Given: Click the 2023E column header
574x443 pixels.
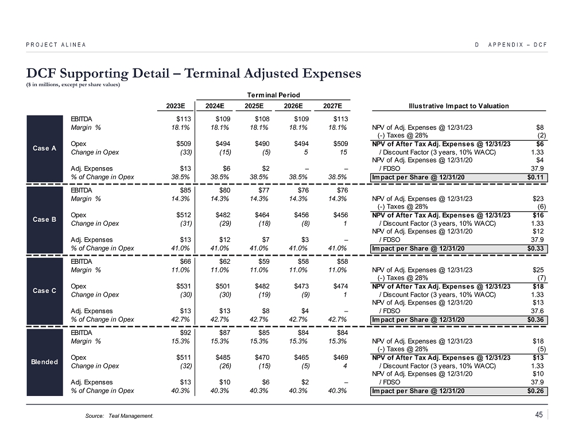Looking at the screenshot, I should [176, 106].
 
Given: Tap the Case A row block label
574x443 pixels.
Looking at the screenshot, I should [45, 148].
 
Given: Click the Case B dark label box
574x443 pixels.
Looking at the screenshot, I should [45, 219].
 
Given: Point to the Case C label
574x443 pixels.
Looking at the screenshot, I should [45, 290].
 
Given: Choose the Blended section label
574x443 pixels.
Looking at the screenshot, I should [45, 361].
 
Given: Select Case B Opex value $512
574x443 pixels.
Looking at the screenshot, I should [183, 215].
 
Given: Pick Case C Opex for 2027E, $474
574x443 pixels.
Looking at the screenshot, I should [339, 286].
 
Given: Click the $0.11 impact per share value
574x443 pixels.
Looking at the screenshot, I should [536, 177].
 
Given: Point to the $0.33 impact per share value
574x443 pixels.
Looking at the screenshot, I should [536, 248].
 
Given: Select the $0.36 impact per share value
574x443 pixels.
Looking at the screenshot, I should [536, 319].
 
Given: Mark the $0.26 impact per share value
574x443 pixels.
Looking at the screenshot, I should [536, 391].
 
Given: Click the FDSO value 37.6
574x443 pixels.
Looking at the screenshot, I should [538, 311].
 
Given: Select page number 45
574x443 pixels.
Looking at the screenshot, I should [538, 415].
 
